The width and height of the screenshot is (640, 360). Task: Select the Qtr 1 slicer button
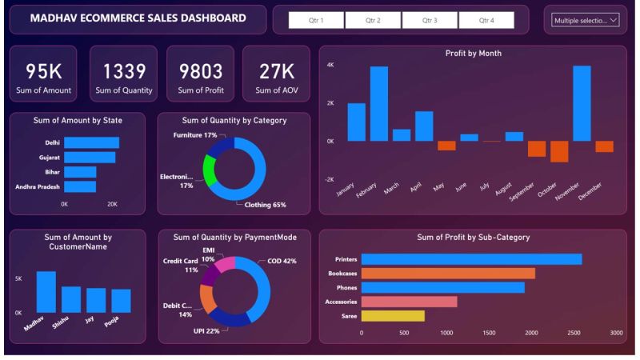click(x=316, y=20)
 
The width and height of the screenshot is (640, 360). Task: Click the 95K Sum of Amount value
click(x=49, y=71)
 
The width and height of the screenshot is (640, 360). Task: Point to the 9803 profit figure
click(x=200, y=71)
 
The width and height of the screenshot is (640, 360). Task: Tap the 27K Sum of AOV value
click(x=277, y=71)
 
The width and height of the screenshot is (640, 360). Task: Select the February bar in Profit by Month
click(x=378, y=103)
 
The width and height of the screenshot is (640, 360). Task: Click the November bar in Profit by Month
click(x=582, y=103)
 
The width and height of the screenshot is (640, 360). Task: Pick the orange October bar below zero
click(x=559, y=151)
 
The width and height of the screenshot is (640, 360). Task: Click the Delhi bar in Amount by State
click(x=91, y=143)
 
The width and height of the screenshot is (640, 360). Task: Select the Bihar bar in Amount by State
click(x=80, y=172)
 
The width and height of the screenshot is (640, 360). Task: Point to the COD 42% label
click(x=281, y=261)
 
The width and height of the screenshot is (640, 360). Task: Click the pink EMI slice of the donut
click(x=226, y=263)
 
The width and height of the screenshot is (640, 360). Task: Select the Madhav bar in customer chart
click(x=46, y=292)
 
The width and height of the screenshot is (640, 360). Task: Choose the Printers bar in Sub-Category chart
click(x=471, y=259)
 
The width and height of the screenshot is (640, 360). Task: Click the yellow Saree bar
click(x=393, y=316)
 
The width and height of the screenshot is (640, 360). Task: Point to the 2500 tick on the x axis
click(x=574, y=332)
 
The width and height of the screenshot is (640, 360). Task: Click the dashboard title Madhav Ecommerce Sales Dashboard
click(x=138, y=18)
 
